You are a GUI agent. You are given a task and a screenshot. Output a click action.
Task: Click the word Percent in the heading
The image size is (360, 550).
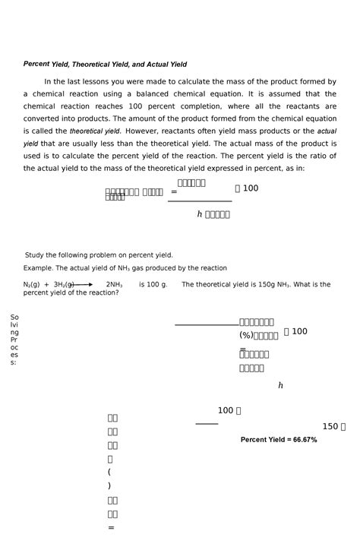coord(36,65)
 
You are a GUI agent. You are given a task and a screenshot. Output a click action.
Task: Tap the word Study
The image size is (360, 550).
coord(36,255)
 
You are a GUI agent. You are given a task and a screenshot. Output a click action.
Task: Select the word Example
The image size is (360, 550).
coord(39,268)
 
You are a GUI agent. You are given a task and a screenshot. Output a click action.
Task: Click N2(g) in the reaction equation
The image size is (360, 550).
coord(31,285)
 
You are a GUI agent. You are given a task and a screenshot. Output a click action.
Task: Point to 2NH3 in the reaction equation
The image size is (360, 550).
coord(114,285)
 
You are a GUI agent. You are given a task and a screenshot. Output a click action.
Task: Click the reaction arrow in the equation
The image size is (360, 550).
coord(84,285)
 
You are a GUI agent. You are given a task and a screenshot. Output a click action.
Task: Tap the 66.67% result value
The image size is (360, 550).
coord(302,440)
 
